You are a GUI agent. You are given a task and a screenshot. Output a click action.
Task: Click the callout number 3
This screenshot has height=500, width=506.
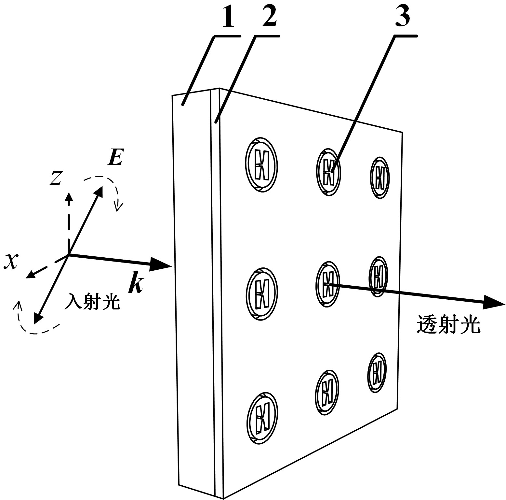[x=402, y=15]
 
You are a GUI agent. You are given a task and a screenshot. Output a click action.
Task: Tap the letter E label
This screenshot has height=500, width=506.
[x=115, y=159]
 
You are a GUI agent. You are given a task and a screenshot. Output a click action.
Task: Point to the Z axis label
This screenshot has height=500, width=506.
[x=56, y=178]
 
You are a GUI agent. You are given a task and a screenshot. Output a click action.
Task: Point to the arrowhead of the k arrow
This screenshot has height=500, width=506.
[x=161, y=264]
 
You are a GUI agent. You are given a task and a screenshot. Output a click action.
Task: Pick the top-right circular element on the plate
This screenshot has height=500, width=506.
[x=380, y=178]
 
